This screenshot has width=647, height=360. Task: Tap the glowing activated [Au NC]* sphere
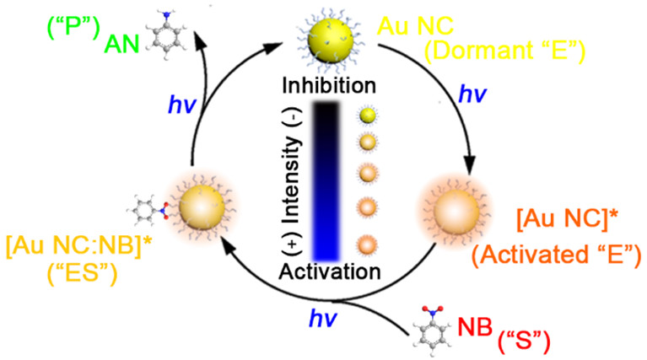click(x=456, y=212)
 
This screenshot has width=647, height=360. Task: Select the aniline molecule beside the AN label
click(x=166, y=36)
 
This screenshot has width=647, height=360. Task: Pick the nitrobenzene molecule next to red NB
click(x=431, y=331)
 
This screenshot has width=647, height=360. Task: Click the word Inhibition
click(x=329, y=86)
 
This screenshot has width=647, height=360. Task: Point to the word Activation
click(x=330, y=271)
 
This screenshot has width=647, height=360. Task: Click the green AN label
click(x=121, y=43)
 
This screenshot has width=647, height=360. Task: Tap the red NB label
click(x=475, y=327)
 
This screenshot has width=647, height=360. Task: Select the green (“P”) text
click(x=74, y=29)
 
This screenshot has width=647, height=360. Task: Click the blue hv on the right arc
click(x=473, y=95)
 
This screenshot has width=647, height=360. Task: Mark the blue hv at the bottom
click(x=323, y=319)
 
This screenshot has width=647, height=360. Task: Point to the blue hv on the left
click(x=181, y=105)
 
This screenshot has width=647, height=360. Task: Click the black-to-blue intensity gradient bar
click(x=326, y=181)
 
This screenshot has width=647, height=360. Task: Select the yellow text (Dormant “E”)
click(x=505, y=51)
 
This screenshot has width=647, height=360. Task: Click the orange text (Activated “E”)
click(x=556, y=255)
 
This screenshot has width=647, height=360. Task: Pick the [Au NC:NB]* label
click(x=78, y=246)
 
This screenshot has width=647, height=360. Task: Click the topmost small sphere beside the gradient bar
click(x=367, y=116)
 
